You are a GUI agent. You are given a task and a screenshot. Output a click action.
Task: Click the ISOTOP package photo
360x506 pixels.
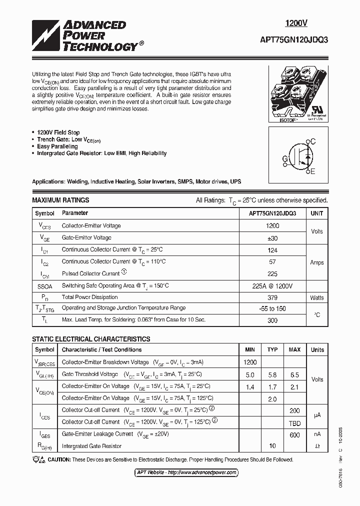pyautogui.click(x=298, y=93)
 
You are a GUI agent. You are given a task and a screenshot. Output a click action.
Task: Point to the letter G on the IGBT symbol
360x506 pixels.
pyautogui.click(x=285, y=159)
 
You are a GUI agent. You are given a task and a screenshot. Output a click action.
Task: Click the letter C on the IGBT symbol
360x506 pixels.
pyautogui.click(x=313, y=141)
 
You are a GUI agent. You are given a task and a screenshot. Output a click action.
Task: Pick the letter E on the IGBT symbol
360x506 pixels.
pyautogui.click(x=313, y=172)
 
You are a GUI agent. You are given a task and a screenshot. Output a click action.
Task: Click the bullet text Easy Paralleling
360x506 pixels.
pyautogui.click(x=57, y=146)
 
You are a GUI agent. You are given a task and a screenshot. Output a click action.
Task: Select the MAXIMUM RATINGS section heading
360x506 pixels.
pyautogui.click(x=60, y=200)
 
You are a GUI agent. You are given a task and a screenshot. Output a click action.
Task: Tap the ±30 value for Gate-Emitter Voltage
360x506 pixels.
pyautogui.click(x=272, y=238)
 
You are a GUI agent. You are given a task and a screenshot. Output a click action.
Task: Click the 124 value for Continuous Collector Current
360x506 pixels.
pyautogui.click(x=272, y=249)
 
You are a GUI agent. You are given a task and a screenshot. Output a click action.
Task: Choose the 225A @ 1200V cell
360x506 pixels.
pyautogui.click(x=272, y=285)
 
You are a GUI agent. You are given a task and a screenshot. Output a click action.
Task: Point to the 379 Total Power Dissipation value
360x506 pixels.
pyautogui.click(x=272, y=297)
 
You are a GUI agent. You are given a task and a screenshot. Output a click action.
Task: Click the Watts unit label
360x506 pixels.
pyautogui.click(x=317, y=297)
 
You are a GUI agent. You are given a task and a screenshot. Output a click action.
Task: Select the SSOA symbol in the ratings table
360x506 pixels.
pyautogui.click(x=44, y=285)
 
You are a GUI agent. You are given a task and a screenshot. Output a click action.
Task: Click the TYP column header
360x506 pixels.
pyautogui.click(x=272, y=349)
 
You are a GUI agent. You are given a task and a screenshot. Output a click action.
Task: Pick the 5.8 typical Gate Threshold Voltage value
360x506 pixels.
pyautogui.click(x=272, y=374)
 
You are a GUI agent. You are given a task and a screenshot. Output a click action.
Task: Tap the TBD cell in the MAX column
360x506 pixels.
pyautogui.click(x=294, y=422)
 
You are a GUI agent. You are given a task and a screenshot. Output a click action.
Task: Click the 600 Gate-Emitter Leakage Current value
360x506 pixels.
pyautogui.click(x=294, y=434)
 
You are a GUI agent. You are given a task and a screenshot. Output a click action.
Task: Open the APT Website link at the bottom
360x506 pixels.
pyautogui.click(x=186, y=472)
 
